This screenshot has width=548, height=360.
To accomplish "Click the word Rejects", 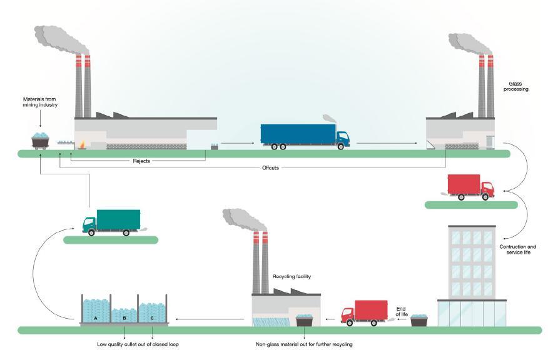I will point(141,161).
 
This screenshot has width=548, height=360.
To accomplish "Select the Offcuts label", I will point(270,167).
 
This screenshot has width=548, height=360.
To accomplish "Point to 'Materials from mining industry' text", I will point(40,102).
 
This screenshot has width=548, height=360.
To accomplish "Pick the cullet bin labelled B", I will point(124,312).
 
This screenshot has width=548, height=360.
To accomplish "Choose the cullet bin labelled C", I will point(152,310).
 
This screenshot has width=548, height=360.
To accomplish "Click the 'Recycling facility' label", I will point(292,276).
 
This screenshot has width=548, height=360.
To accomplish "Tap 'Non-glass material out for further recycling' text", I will point(305,343).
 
